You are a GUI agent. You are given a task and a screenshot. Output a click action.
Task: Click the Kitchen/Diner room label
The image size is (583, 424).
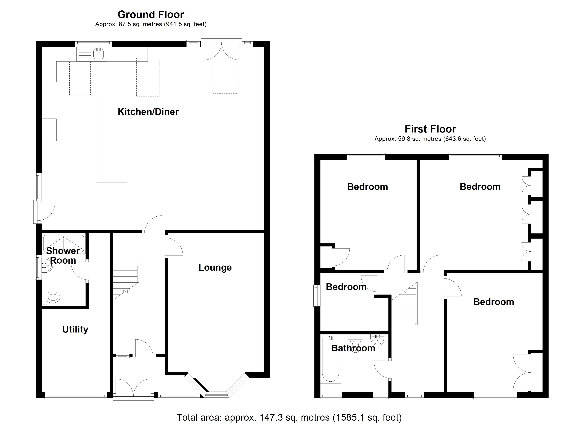click(x=148, y=112)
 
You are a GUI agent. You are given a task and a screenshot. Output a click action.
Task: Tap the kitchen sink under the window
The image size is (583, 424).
click(x=98, y=54)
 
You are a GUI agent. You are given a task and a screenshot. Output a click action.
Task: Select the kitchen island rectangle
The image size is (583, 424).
click(x=112, y=143)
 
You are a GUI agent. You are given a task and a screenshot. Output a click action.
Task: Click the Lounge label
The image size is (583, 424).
click(x=215, y=268)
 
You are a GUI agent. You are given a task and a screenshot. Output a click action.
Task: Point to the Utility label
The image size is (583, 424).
click(x=75, y=329)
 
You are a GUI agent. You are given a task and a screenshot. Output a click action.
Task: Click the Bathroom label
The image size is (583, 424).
click(x=353, y=348)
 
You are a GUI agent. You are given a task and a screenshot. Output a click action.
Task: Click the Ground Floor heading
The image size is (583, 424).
click(x=151, y=15)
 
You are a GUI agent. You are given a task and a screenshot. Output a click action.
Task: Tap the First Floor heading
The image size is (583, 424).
click(x=430, y=129)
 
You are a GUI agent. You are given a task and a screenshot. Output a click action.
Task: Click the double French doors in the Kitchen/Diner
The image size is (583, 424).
click(x=221, y=51)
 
